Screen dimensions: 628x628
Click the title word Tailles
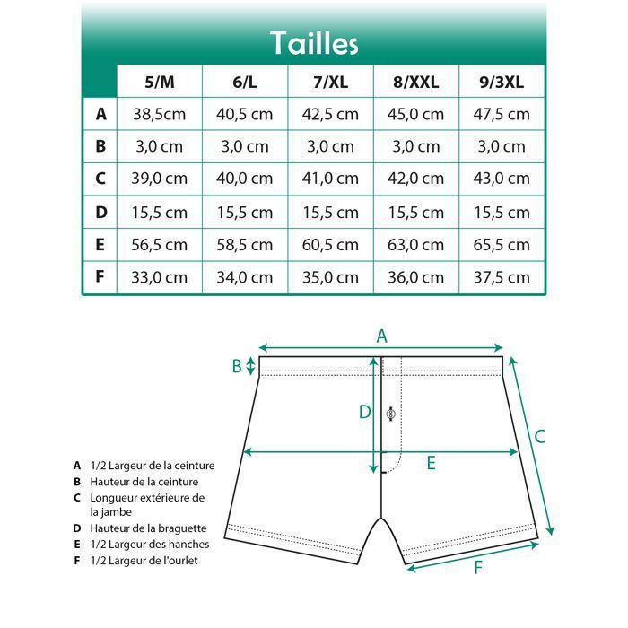pos(314,43)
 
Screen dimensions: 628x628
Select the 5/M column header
pos(160,83)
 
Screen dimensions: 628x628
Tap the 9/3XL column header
pos(502,83)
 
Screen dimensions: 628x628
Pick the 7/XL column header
pos(330,83)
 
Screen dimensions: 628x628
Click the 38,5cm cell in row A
pos(160,115)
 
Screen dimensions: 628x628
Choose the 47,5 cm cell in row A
pos(502,115)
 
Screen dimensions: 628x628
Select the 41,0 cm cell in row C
pos(330,179)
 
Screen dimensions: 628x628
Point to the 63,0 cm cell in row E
pos(415,245)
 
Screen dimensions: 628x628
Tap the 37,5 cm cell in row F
pos(502,277)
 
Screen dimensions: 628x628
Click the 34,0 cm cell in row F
pos(245,277)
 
